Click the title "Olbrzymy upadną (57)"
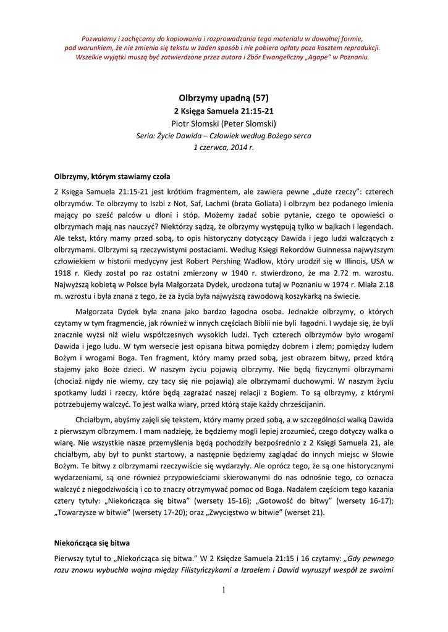[x=224, y=98]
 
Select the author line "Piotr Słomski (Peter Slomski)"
[x=224, y=123]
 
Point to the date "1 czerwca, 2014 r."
[x=224, y=148]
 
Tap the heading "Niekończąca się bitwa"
[x=92, y=543]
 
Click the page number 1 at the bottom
[x=224, y=590]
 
